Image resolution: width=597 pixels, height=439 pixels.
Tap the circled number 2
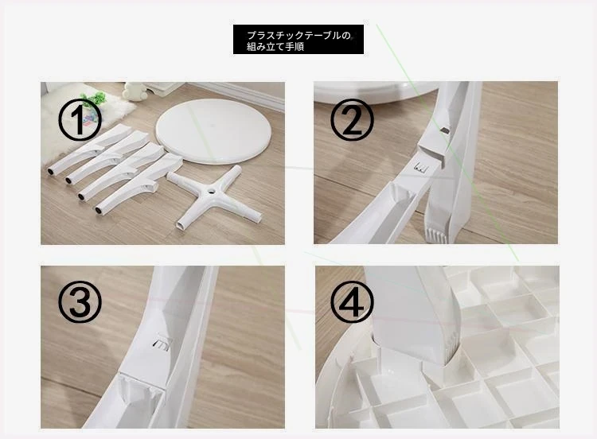(x=352, y=120)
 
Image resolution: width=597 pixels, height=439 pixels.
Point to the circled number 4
(x=352, y=301)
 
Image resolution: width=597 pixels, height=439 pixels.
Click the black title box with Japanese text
(x=298, y=40)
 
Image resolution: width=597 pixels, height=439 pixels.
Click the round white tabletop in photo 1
(x=214, y=131)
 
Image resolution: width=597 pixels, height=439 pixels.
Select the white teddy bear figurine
(x=135, y=91)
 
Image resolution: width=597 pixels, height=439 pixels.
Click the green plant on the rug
(x=95, y=99)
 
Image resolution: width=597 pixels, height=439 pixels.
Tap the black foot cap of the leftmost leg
(x=50, y=172)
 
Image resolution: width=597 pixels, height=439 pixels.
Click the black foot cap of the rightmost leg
(x=99, y=210)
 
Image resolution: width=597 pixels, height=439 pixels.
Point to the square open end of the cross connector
(x=180, y=225)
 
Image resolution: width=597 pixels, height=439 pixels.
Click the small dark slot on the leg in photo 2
(x=444, y=130)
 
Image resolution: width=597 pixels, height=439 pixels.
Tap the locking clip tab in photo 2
(x=420, y=167)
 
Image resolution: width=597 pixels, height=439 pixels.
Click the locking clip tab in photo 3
(x=161, y=341)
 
